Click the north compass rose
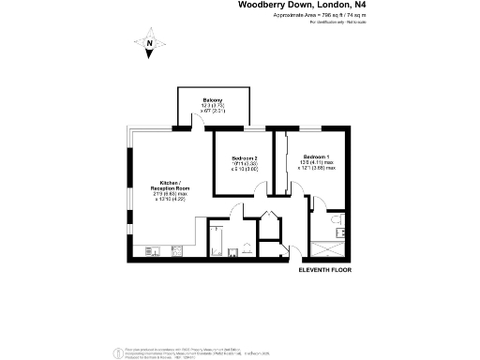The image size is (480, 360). tap(149, 44)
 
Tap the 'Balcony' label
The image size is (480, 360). tap(213, 100)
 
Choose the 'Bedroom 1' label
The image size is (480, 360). tap(315, 156)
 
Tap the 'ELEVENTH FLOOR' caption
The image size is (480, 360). tap(324, 270)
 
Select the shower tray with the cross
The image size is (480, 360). tap(328, 249)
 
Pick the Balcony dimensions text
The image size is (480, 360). tap(213, 110)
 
